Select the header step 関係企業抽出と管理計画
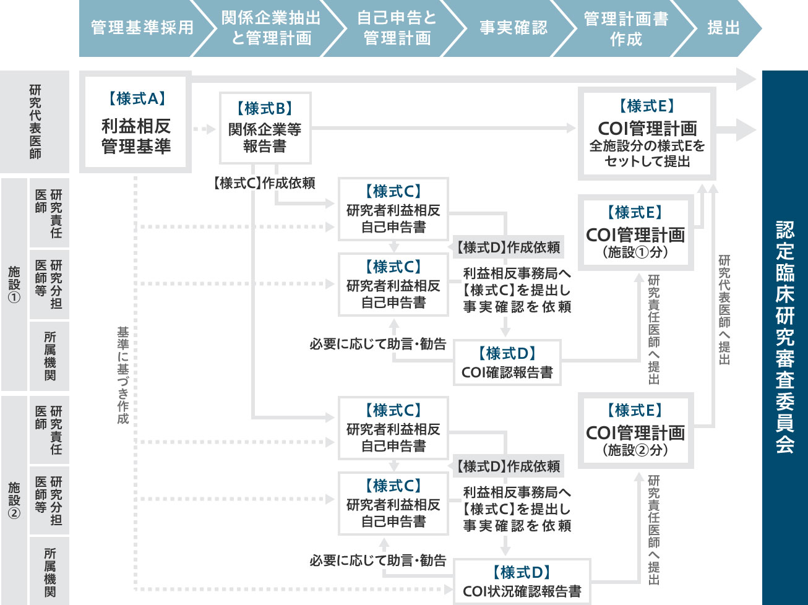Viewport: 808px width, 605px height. pyautogui.click(x=271, y=28)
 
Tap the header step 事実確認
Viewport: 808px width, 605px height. pyautogui.click(x=514, y=28)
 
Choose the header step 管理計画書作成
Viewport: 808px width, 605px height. pyautogui.click(x=625, y=28)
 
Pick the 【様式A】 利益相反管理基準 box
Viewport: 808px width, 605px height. pyautogui.click(x=135, y=122)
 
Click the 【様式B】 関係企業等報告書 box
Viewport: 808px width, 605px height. pyautogui.click(x=265, y=128)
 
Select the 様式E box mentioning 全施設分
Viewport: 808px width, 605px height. pyautogui.click(x=647, y=134)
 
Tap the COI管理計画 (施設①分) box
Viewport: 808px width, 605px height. pyautogui.click(x=635, y=233)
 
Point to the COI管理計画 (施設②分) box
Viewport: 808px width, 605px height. pyautogui.click(x=635, y=431)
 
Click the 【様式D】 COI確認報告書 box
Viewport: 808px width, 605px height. pyautogui.click(x=507, y=363)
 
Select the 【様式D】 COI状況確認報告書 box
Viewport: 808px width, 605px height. pyautogui.click(x=522, y=581)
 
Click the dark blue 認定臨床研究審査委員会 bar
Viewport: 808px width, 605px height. pyautogui.click(x=784, y=337)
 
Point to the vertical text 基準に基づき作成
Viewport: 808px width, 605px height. pyautogui.click(x=123, y=375)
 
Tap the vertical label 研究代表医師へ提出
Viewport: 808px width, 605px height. pyautogui.click(x=724, y=309)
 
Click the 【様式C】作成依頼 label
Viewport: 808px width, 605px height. pyautogui.click(x=264, y=183)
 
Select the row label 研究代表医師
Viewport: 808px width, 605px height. pyautogui.click(x=35, y=122)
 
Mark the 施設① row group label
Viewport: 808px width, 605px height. pyautogui.click(x=14, y=285)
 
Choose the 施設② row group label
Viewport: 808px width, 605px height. pyautogui.click(x=14, y=500)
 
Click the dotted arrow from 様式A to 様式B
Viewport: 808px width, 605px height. pyautogui.click(x=204, y=129)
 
